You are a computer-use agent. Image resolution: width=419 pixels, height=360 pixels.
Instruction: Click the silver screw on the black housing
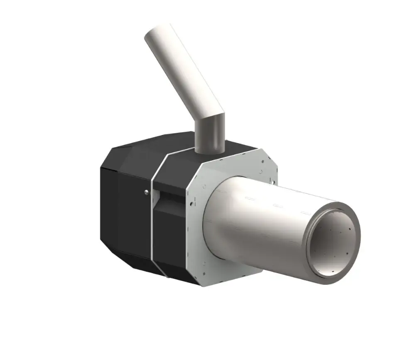(146, 191)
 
